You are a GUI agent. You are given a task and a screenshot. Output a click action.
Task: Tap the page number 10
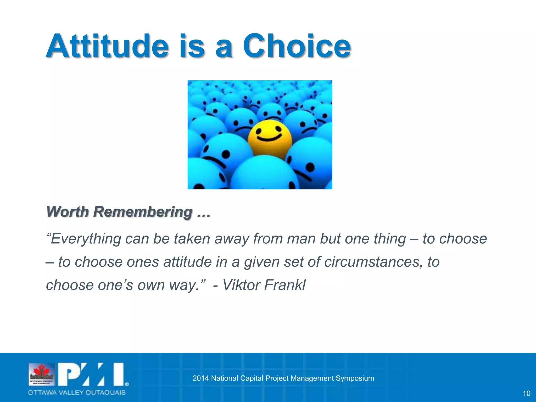tap(526, 393)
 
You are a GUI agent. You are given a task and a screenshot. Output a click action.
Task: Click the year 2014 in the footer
tap(200, 378)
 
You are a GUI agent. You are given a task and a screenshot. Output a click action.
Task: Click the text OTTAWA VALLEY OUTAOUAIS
tap(77, 393)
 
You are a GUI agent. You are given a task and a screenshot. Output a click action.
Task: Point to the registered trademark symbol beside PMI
tap(127, 384)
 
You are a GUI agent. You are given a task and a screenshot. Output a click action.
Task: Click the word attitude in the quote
tap(187, 262)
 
